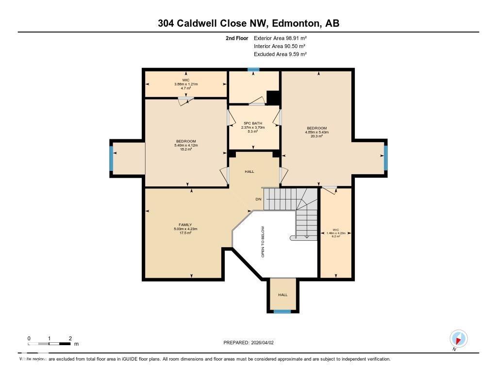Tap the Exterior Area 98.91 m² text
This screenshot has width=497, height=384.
[x=280, y=38]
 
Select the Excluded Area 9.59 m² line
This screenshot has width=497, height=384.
[x=280, y=54]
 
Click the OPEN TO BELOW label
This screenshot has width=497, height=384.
[x=263, y=241]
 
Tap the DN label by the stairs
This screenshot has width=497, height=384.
[x=259, y=200]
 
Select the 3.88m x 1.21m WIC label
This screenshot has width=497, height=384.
[x=186, y=84]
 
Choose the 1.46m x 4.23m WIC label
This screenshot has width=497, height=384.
[x=335, y=233]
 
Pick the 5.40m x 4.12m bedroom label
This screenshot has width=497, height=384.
[x=186, y=145]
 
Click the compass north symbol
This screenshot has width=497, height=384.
[x=458, y=338]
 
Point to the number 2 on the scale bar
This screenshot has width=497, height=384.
[x=70, y=338]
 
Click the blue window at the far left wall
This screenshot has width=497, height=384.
[x=111, y=159]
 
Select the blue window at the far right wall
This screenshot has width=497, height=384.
[x=386, y=158]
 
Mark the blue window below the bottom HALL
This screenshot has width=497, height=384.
[x=282, y=312]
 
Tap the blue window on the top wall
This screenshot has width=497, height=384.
[x=253, y=70]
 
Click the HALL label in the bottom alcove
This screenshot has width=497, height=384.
[x=282, y=295]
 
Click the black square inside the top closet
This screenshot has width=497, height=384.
[x=273, y=98]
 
